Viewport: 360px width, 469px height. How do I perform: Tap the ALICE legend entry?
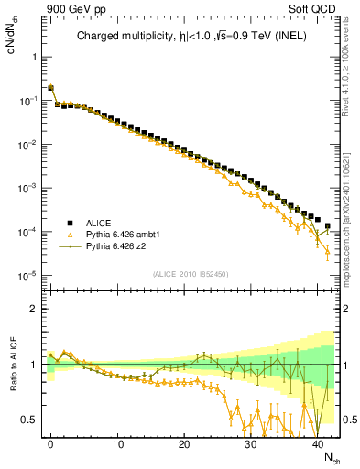click(x=98, y=223)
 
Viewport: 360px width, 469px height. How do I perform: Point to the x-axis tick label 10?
click(x=117, y=443)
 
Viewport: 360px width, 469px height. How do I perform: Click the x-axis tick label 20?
click(x=184, y=443)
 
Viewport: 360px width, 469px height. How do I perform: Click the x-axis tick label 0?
click(x=50, y=443)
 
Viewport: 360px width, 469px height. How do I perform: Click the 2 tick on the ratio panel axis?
click(x=34, y=309)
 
